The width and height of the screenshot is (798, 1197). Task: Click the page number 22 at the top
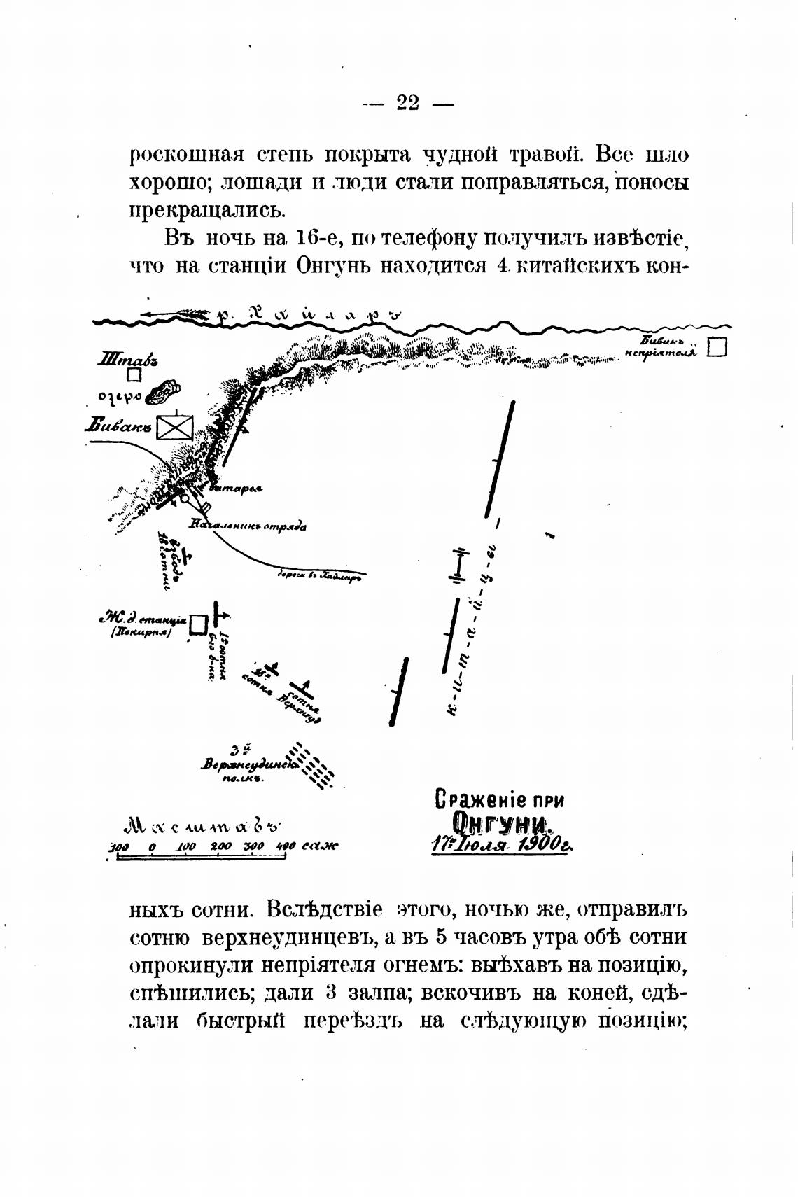tap(408, 103)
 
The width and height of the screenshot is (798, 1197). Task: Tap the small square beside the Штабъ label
tap(134, 375)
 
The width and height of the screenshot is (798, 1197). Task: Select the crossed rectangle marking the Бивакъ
tap(174, 427)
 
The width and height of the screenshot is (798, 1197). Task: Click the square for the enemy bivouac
tap(717, 348)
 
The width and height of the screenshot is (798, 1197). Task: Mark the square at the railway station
tap(199, 622)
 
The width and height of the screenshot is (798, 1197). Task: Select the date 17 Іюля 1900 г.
tap(501, 845)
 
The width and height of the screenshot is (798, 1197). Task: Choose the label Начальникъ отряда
tap(248, 526)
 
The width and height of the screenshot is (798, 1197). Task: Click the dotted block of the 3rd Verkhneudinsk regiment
tap(313, 764)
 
